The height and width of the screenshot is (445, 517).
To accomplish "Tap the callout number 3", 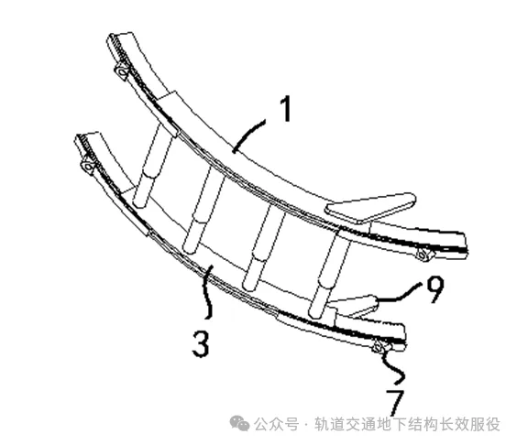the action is [201, 343].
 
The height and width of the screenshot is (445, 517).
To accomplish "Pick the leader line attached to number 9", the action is [400, 294].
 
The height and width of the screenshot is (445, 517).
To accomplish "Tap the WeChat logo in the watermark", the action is [239, 423].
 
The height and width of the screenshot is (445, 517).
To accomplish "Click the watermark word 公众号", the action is [276, 424].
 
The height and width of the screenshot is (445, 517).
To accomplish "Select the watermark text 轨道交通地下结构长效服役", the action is [408, 424].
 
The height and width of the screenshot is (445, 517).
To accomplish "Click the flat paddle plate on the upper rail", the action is [370, 208].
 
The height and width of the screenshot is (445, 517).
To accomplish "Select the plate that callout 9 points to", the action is [354, 307].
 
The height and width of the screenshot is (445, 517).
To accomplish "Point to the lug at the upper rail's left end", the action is [121, 72].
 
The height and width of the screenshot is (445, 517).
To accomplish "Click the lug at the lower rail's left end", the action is [88, 167].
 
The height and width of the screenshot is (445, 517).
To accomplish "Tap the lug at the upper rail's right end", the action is [424, 255].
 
